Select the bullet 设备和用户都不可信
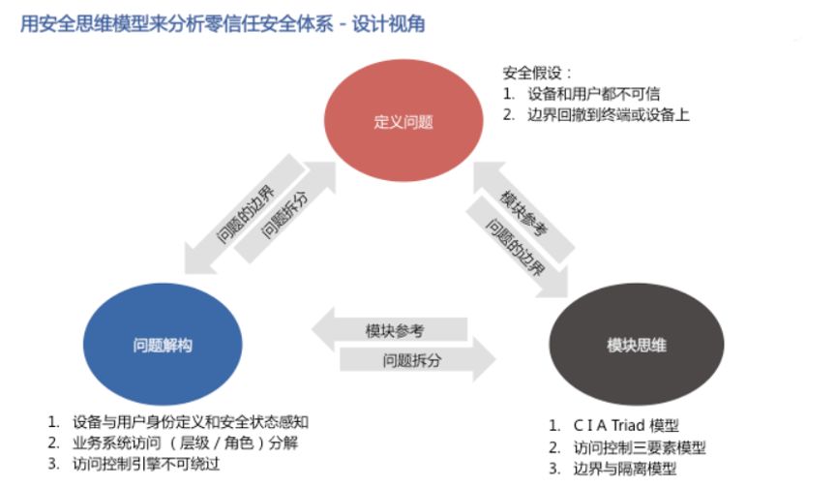point(593,94)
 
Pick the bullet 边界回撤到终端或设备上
point(608,114)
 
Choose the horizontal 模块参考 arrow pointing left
point(393,330)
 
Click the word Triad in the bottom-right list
point(628,426)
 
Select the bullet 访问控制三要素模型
point(640,447)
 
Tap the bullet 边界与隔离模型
point(625,469)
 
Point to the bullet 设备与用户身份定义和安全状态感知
point(190,422)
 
